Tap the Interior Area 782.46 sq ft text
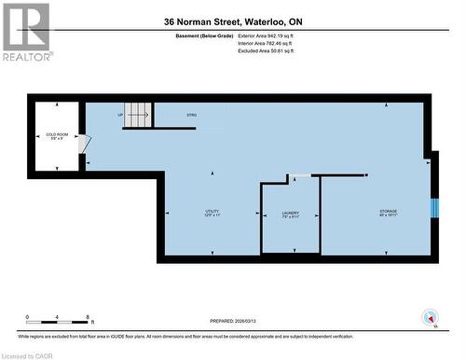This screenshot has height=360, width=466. point(266,43)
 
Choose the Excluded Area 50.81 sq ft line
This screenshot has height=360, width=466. point(266,51)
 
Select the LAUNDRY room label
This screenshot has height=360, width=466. point(290,214)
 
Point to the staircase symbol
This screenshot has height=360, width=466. point(138,115)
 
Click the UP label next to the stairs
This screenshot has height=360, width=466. point(120,115)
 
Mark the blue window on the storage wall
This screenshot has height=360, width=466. point(433,207)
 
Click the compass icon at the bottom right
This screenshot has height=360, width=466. point(430,316)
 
